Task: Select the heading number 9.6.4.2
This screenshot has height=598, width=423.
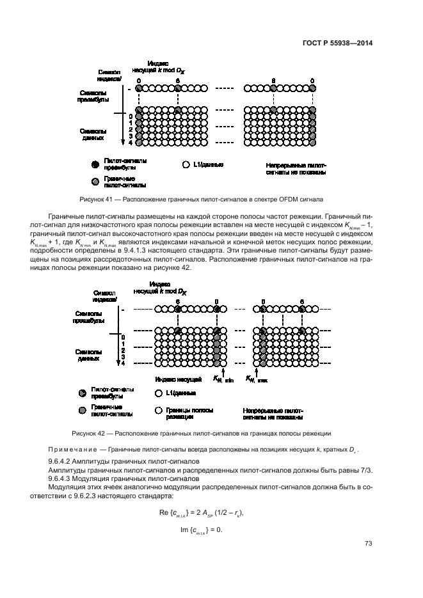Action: coord(61,461)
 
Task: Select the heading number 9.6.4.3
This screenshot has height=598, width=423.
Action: coord(61,478)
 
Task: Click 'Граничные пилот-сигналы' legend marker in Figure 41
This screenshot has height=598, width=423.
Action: coord(95,182)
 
